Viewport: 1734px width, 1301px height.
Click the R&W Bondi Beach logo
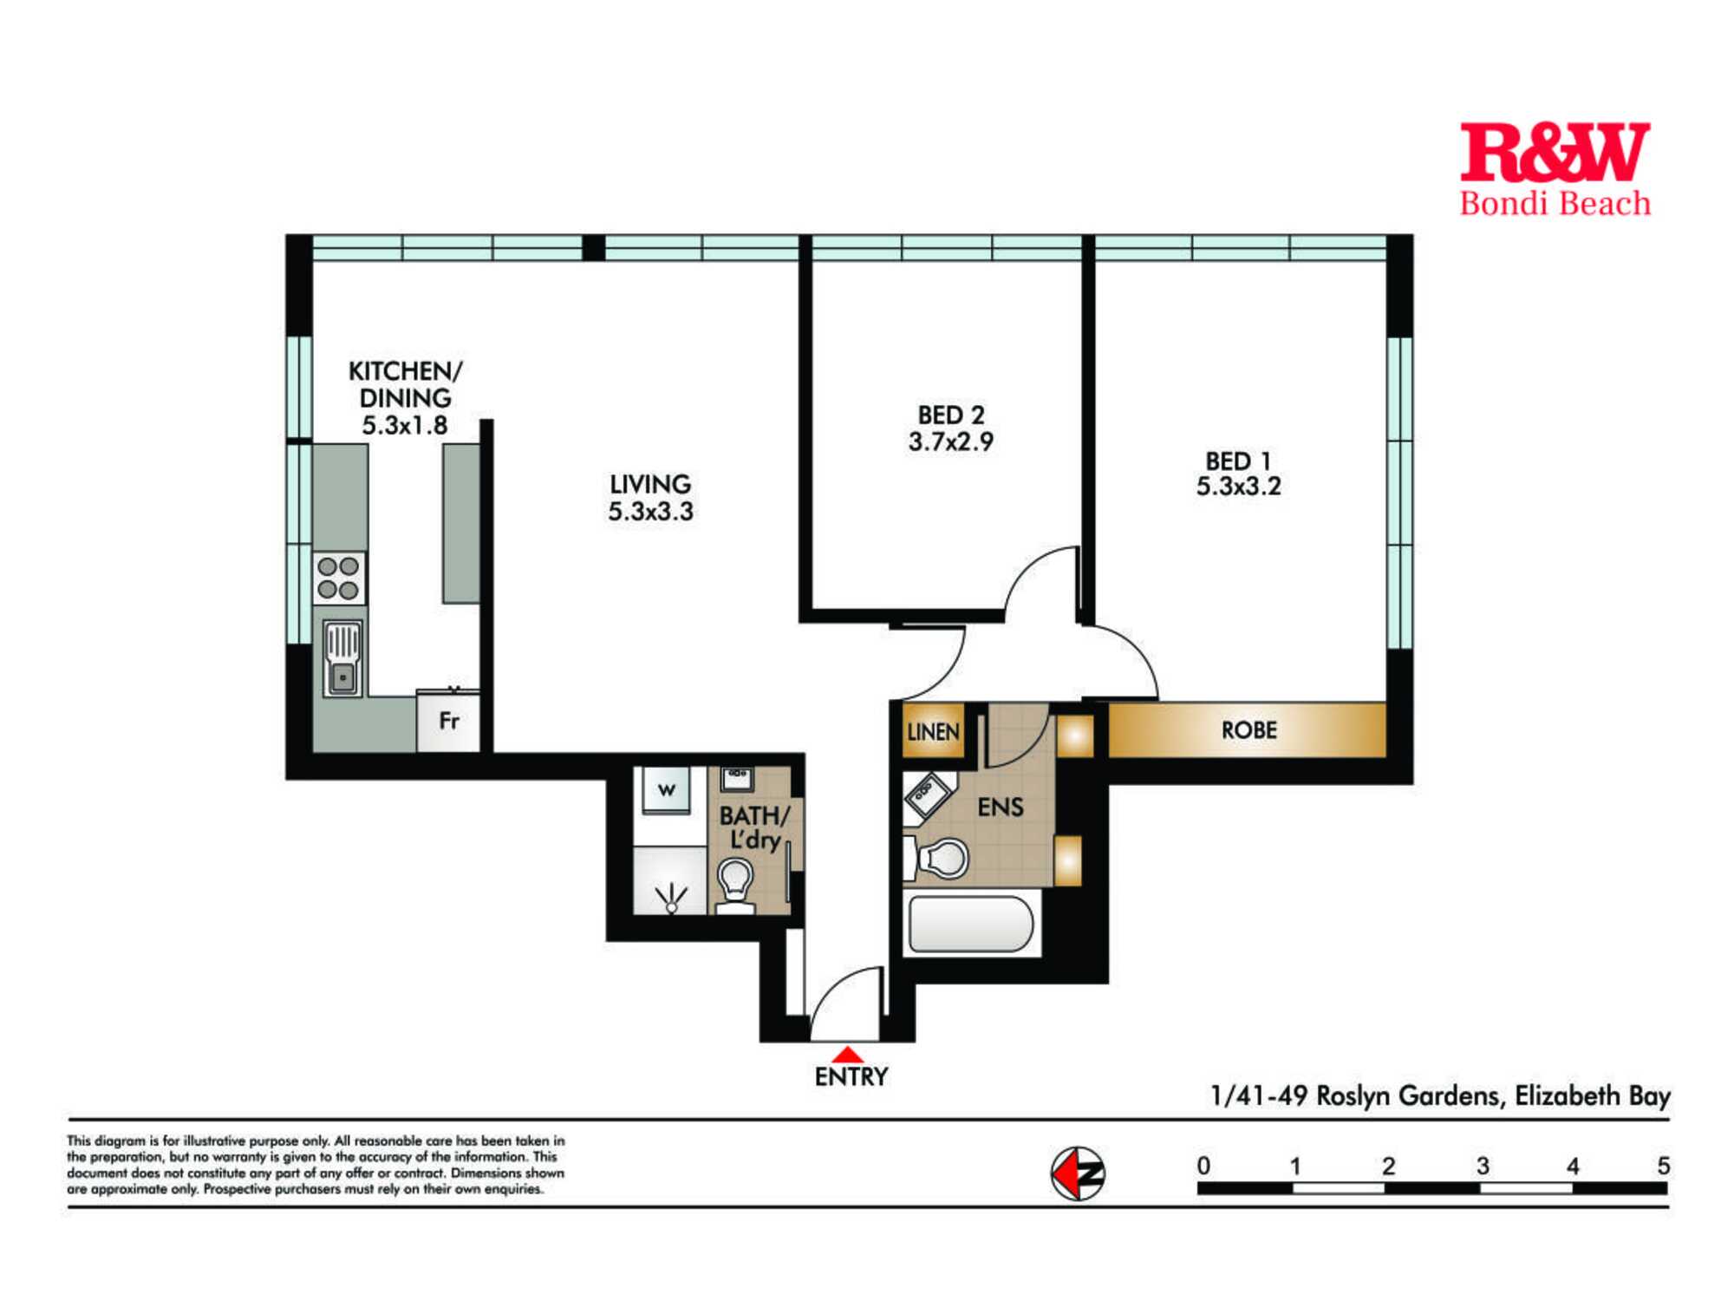point(1555,168)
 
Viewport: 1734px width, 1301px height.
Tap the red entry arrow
point(847,1055)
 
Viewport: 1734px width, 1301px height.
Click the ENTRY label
point(851,1077)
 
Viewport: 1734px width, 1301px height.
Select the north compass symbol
point(1078,1174)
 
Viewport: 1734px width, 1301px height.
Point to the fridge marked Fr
point(448,721)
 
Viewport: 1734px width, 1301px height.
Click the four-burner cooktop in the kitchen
point(339,579)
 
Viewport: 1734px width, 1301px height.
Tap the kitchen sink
point(342,658)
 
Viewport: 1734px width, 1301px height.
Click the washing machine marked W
point(666,789)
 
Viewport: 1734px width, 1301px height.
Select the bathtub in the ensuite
point(971,924)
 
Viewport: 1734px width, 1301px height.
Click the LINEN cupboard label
point(934,732)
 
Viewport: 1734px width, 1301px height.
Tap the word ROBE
point(1249,730)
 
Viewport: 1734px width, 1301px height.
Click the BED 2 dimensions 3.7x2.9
point(951,442)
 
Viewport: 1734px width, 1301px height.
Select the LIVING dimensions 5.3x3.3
point(650,512)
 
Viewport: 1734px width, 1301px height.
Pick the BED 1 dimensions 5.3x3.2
point(1239,487)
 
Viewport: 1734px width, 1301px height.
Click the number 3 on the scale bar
point(1483,1166)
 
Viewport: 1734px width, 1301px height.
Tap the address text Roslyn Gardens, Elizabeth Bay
point(1493,1096)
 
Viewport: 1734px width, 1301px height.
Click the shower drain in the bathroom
point(670,906)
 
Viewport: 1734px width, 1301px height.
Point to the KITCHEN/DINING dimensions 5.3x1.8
point(405,426)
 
